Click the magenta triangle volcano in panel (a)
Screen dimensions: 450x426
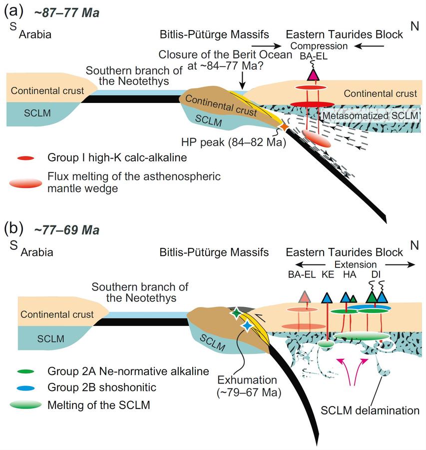(x=313, y=74)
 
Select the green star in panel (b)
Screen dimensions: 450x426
(x=236, y=313)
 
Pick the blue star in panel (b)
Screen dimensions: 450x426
(x=247, y=325)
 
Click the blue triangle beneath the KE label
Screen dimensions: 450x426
(x=327, y=298)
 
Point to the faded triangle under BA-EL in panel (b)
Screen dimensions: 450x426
(x=304, y=296)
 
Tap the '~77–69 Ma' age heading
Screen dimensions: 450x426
(x=67, y=230)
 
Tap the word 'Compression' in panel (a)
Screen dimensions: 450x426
(x=320, y=46)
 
